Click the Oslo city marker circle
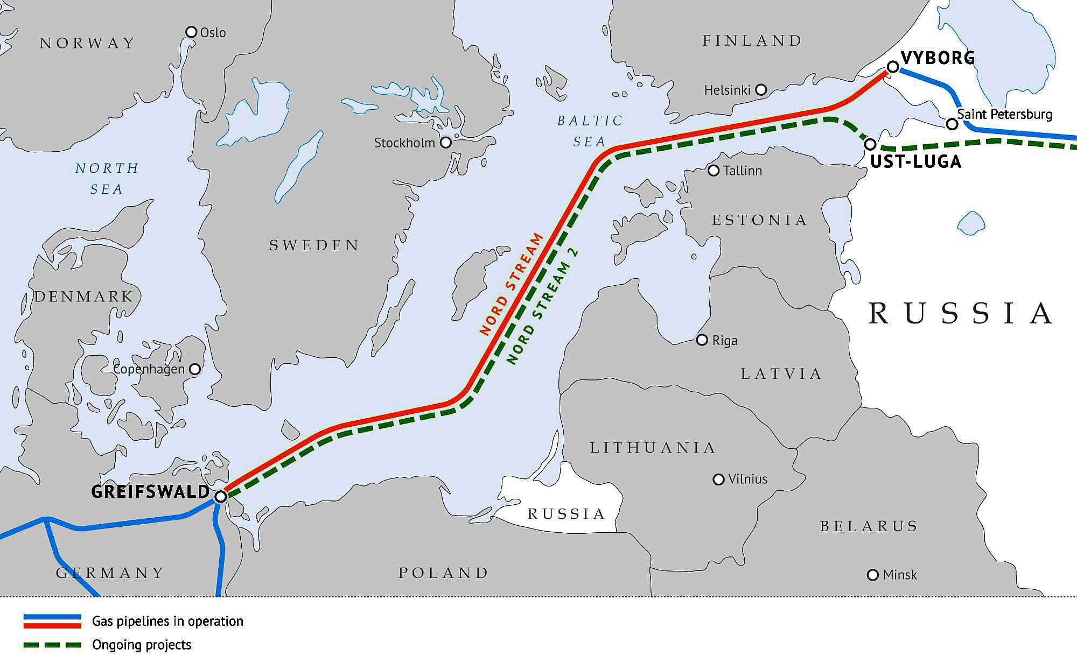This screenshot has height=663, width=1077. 191,32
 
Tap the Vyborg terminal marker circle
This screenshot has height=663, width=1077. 892,67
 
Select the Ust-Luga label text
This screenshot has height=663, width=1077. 915,161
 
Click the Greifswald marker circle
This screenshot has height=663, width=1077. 220,496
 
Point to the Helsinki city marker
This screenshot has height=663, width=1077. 761,90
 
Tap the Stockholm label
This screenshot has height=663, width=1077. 404,143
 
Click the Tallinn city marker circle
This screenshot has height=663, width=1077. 714,171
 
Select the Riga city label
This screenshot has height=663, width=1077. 725,341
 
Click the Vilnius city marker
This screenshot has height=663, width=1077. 718,479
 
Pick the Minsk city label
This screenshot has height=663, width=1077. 900,575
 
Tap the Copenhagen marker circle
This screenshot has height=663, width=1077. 195,369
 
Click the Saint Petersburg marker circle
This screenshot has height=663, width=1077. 952,124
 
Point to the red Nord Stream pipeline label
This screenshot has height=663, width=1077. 512,284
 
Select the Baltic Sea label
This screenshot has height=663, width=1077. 590,131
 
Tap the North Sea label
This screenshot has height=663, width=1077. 107,179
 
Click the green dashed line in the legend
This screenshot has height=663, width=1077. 52,644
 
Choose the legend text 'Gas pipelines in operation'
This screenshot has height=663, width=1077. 167,621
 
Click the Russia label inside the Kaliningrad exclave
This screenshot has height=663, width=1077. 566,514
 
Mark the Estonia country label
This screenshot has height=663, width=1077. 759,220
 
